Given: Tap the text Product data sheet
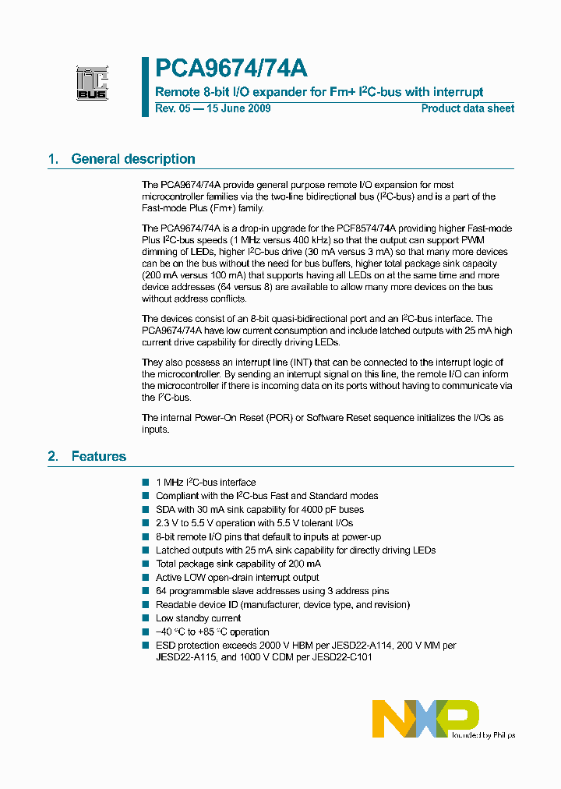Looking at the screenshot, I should click(x=467, y=108).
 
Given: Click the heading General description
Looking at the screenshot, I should click(x=132, y=159).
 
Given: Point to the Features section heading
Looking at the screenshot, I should click(x=98, y=456).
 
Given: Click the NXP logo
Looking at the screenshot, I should click(x=425, y=718).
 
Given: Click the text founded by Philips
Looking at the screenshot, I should click(x=483, y=734).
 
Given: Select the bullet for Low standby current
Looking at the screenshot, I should click(x=145, y=618).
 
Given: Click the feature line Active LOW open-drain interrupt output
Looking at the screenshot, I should click(x=237, y=578).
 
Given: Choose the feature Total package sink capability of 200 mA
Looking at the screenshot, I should click(x=238, y=564).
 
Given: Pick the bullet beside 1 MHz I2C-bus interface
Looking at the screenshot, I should click(x=145, y=483).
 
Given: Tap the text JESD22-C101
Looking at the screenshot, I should click(x=344, y=656).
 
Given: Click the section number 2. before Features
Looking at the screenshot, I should click(x=53, y=456).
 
